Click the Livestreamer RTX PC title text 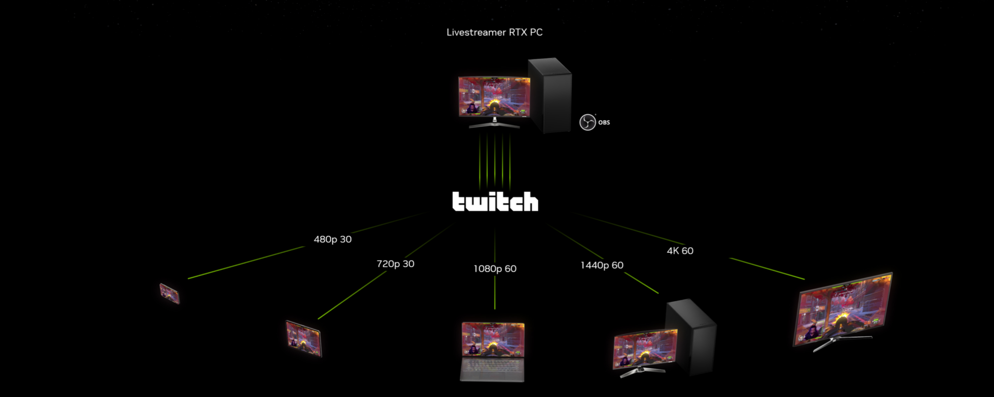[x=494, y=33]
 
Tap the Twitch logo [x=495, y=201]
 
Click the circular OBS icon [x=587, y=122]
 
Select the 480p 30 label [x=333, y=239]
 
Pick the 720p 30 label [x=395, y=264]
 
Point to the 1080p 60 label [x=495, y=269]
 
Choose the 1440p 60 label [x=602, y=265]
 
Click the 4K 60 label [x=680, y=251]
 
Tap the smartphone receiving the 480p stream [x=170, y=294]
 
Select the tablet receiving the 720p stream [x=304, y=338]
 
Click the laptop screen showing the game [x=493, y=339]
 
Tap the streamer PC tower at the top [x=550, y=95]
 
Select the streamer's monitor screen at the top [x=494, y=97]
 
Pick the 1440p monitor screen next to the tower [x=645, y=349]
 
